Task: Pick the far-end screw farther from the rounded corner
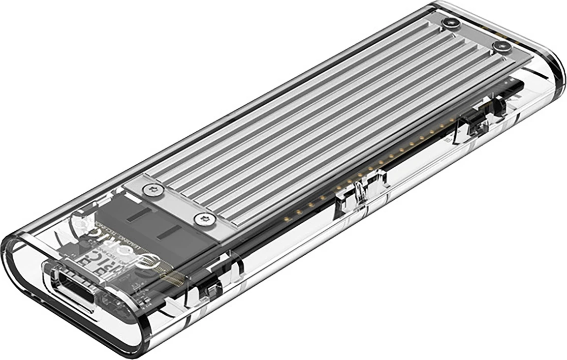pyautogui.click(x=448, y=23)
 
